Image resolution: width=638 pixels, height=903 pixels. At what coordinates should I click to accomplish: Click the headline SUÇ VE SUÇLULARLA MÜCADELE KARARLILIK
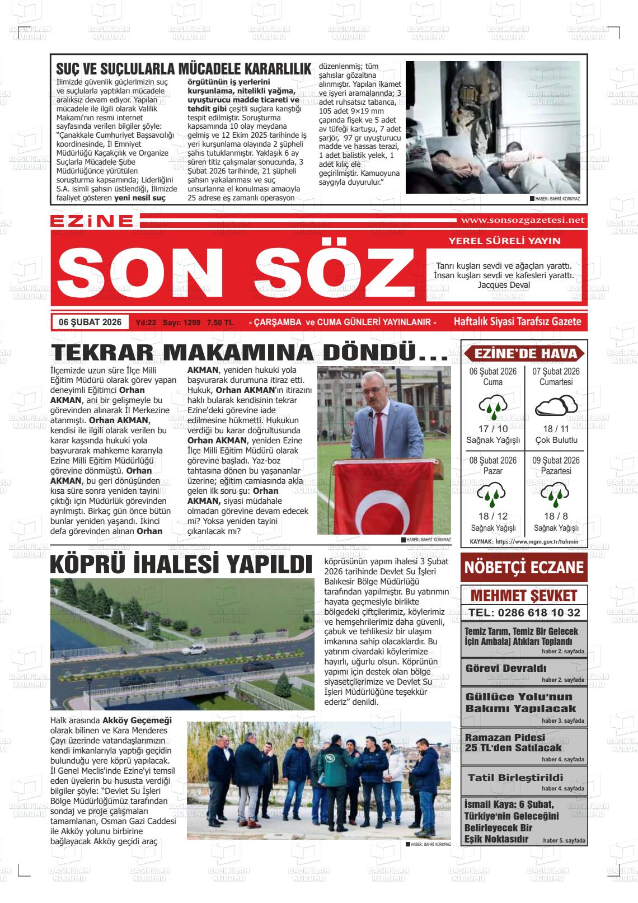pos(184,69)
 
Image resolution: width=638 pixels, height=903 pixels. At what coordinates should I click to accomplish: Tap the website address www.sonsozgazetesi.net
pos(522,220)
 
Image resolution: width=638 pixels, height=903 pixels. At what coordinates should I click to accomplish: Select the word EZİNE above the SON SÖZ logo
pos(92,221)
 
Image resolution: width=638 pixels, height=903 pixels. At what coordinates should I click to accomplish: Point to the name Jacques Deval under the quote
pos(504,284)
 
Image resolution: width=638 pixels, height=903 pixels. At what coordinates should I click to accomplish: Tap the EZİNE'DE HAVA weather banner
pos(524,354)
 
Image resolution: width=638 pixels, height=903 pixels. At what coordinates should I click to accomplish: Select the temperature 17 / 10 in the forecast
pos(493,429)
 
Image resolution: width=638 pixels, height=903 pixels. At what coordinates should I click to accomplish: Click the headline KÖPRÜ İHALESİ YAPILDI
pos(181,564)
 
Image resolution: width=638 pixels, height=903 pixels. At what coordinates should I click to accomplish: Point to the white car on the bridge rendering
pos(194,649)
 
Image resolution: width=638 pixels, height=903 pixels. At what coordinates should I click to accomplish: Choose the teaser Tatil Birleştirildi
pos(515,778)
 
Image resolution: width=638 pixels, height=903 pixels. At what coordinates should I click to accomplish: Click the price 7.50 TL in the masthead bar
pos(220,323)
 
